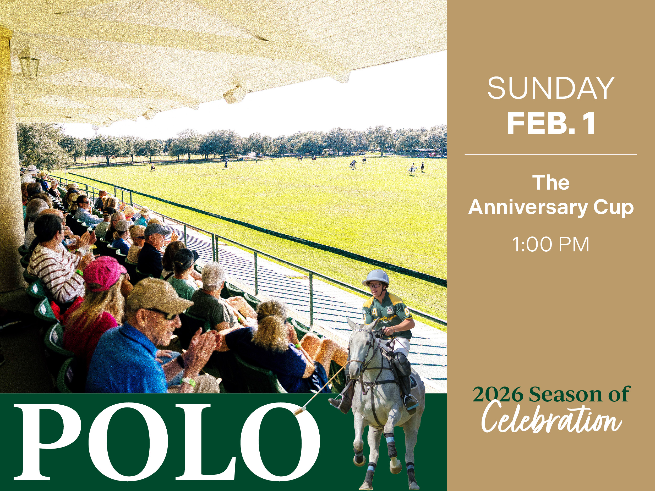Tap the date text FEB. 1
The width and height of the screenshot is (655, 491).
click(551, 124)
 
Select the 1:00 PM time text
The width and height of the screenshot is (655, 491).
click(550, 245)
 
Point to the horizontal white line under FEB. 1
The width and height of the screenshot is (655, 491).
click(551, 154)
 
